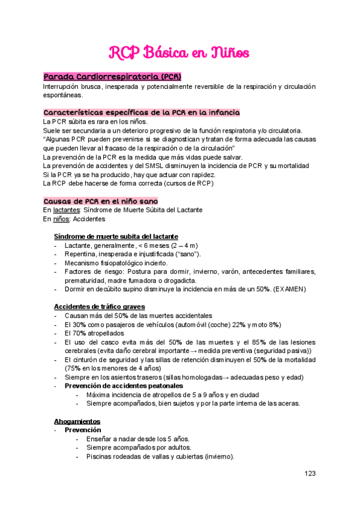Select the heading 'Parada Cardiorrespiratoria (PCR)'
pos(112,77)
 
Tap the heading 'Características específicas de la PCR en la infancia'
pos(142,112)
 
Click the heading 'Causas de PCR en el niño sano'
pos(101,200)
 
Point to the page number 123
pos(310,474)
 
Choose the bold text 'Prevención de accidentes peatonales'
pos(124,385)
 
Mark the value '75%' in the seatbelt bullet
pos(74,368)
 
